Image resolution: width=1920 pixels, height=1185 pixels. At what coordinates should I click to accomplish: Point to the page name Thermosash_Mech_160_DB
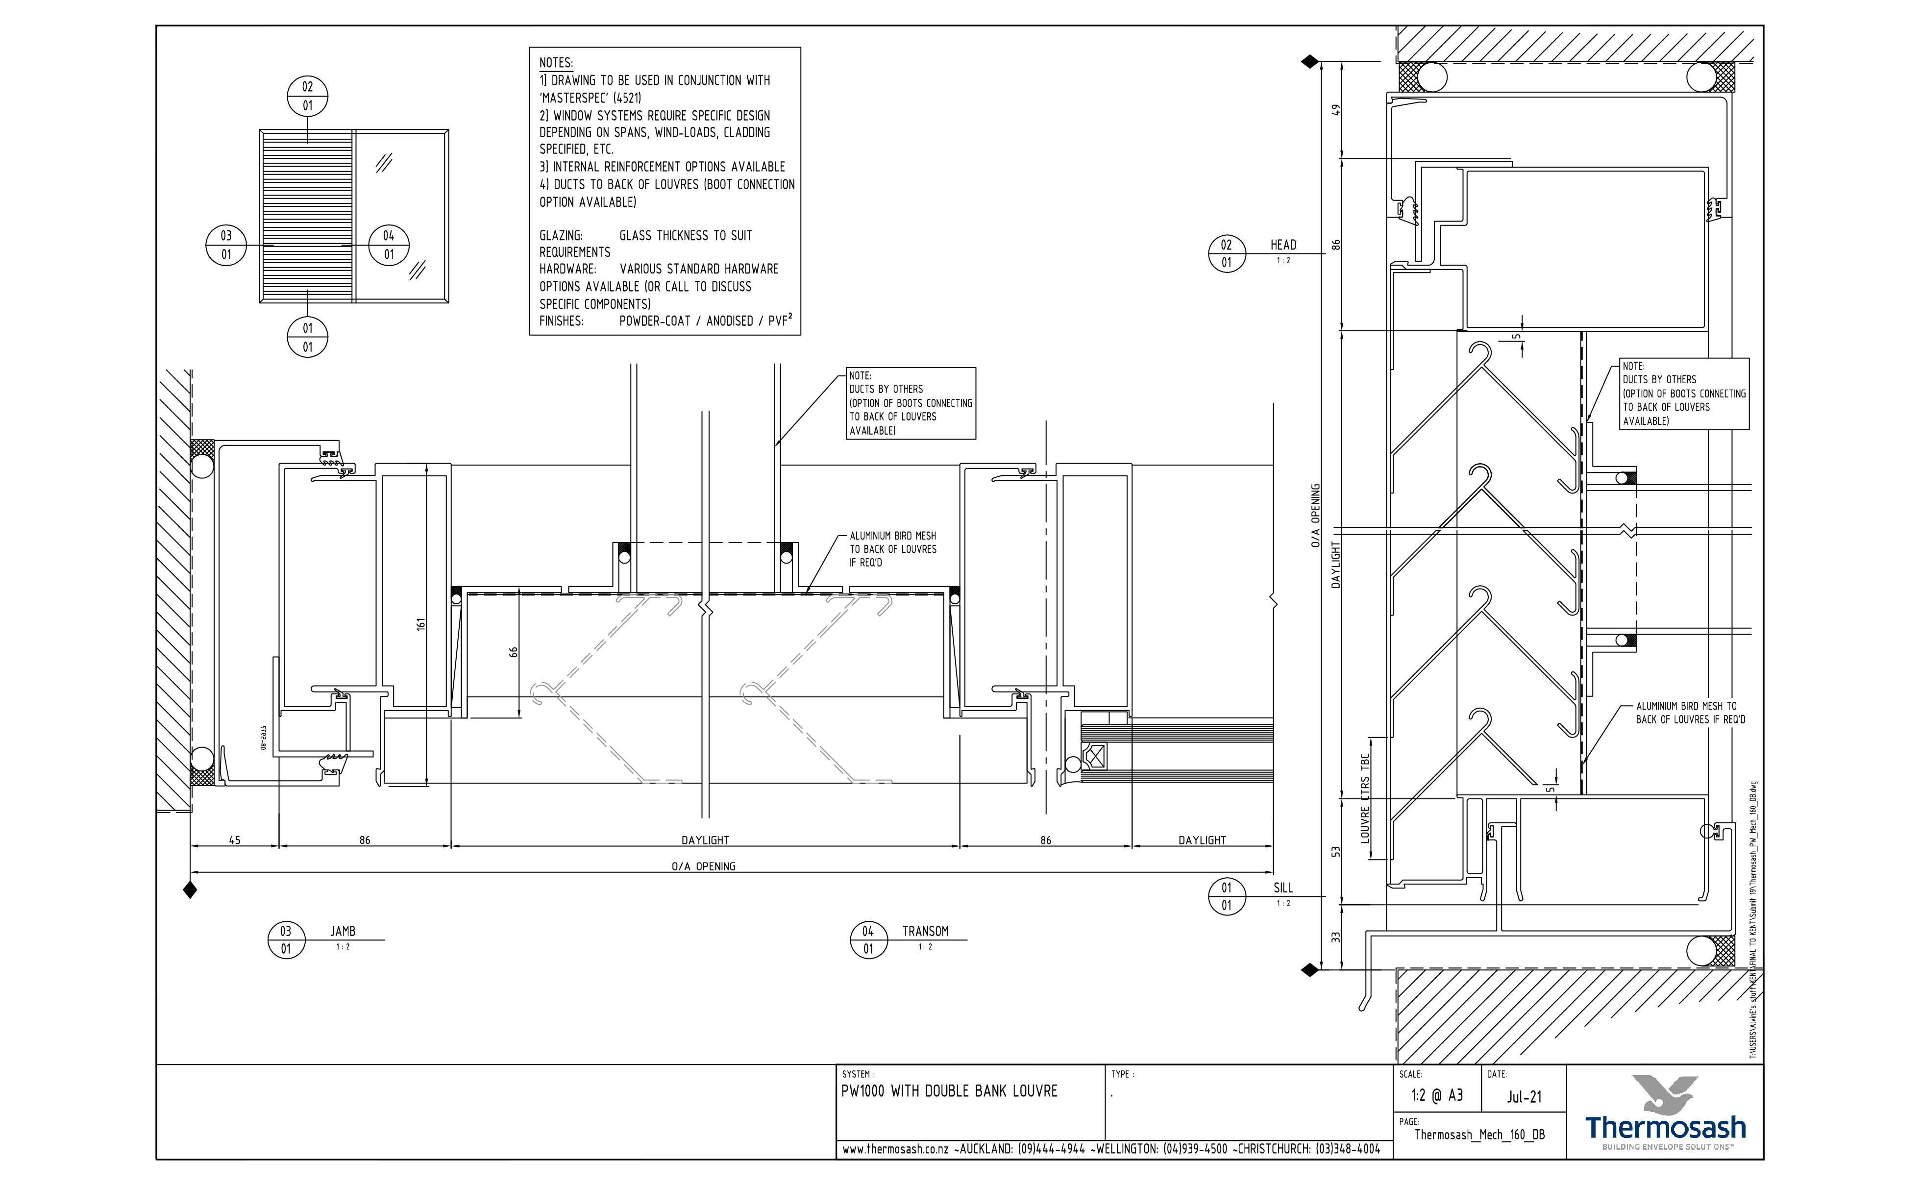pos(1479,1135)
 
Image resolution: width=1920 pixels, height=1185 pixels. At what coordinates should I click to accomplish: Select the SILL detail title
pos(1283,888)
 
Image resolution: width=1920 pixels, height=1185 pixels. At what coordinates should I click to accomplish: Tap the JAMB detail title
pos(343,931)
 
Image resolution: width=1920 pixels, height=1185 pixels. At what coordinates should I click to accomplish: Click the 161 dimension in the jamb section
pos(421,625)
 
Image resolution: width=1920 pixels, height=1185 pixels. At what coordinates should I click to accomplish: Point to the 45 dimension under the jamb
pos(234,840)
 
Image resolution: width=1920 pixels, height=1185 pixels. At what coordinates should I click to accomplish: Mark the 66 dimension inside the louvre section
pos(514,652)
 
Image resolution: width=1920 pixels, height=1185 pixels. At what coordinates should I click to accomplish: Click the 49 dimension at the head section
pos(1337,110)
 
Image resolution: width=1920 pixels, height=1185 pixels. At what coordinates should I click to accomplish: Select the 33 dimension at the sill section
pos(1337,937)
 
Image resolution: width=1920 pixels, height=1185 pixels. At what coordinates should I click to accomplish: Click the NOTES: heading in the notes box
pos(556,63)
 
